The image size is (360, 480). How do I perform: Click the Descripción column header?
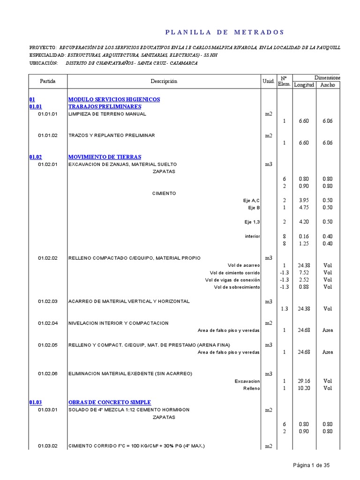(x=164, y=81)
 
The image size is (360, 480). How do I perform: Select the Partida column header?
(x=48, y=81)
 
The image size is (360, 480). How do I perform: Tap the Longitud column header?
(x=304, y=85)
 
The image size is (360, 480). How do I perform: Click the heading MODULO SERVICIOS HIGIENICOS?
(x=114, y=99)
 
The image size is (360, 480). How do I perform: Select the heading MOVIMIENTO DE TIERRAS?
(x=105, y=157)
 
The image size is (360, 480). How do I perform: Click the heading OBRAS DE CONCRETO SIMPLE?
(x=110, y=402)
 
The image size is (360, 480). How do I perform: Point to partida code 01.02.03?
(x=48, y=301)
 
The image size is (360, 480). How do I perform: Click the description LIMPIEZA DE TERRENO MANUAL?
(x=107, y=114)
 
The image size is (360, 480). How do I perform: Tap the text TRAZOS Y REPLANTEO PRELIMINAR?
(x=112, y=135)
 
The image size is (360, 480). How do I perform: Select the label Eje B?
(x=254, y=207)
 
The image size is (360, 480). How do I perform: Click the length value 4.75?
(x=304, y=207)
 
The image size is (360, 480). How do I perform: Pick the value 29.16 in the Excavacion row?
(x=304, y=381)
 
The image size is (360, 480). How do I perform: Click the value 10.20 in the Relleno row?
(x=304, y=388)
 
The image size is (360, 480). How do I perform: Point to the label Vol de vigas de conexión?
(x=232, y=280)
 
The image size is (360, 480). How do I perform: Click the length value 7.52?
(x=304, y=272)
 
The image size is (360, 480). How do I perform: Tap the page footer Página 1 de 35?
(x=311, y=465)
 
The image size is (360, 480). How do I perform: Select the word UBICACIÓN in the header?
(x=43, y=63)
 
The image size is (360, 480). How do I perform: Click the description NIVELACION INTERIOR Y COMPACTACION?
(x=119, y=323)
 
